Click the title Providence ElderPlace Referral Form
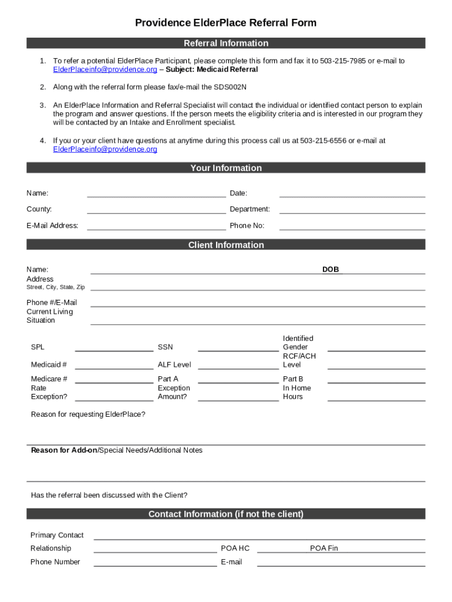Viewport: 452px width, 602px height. [225, 23]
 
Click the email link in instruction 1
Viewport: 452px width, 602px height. [105, 70]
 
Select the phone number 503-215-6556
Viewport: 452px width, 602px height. [323, 141]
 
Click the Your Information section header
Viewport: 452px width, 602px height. [225, 168]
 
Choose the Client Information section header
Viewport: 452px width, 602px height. [225, 245]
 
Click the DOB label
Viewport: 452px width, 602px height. [330, 270]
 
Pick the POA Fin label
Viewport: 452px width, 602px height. [324, 549]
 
